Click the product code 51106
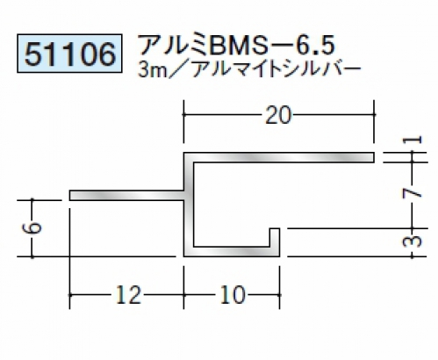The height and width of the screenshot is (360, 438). click(x=69, y=54)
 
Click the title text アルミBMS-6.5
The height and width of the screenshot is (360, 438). click(x=237, y=47)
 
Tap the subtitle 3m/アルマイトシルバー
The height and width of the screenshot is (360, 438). click(x=249, y=71)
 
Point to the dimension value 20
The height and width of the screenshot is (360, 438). click(x=278, y=115)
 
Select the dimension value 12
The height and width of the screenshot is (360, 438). click(x=129, y=294)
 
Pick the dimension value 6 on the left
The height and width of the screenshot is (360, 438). click(x=32, y=227)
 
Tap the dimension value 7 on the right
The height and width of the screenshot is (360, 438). click(x=413, y=193)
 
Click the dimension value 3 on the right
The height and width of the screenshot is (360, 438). click(x=413, y=241)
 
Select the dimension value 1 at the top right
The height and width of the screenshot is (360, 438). click(x=413, y=140)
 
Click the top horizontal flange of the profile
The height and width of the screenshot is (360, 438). click(x=279, y=157)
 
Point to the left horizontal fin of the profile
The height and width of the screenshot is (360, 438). click(x=127, y=196)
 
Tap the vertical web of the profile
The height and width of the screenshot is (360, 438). click(x=189, y=205)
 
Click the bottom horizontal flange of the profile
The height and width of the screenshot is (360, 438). click(x=232, y=252)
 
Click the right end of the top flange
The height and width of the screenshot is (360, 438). click(x=374, y=157)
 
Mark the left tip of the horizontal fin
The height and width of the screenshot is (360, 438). click(x=70, y=196)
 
